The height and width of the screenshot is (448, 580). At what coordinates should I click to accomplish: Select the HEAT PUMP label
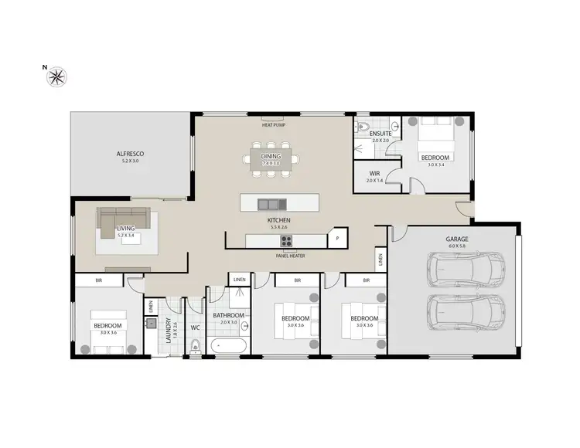273,123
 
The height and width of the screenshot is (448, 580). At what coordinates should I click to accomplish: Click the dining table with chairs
271,160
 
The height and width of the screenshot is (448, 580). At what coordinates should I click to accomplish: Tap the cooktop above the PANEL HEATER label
286,240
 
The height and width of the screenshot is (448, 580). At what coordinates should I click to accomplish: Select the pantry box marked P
337,239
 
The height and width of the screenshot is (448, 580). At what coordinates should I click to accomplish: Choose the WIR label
374,174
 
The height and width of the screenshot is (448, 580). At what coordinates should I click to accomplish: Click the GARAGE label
456,239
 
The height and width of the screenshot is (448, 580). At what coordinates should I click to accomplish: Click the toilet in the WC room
195,348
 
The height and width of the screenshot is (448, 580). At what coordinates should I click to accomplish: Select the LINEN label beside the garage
380,258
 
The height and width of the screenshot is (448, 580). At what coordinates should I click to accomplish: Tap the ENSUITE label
380,134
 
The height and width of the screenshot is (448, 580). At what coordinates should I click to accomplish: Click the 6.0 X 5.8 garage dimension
456,248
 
